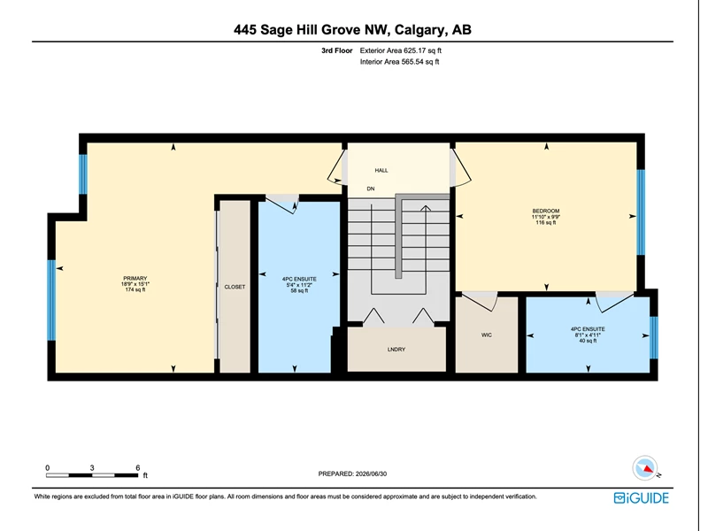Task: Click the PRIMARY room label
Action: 135,278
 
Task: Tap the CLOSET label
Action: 235,287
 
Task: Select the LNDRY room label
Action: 396,349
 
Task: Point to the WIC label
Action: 486,335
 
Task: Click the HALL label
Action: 381,170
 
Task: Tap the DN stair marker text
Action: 371,189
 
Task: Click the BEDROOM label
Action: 546,211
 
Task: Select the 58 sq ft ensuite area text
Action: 299,291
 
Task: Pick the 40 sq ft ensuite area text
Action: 588,341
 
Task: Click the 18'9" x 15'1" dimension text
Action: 135,284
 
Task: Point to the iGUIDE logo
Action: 641,497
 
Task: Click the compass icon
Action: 645,468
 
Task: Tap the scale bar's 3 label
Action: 92,468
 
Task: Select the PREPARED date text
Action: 352,473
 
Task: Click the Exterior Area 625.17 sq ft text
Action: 401,50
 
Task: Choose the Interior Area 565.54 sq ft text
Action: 400,61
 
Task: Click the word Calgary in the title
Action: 419,30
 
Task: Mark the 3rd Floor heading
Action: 337,50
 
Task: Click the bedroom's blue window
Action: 641,212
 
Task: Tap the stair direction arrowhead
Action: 426,208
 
